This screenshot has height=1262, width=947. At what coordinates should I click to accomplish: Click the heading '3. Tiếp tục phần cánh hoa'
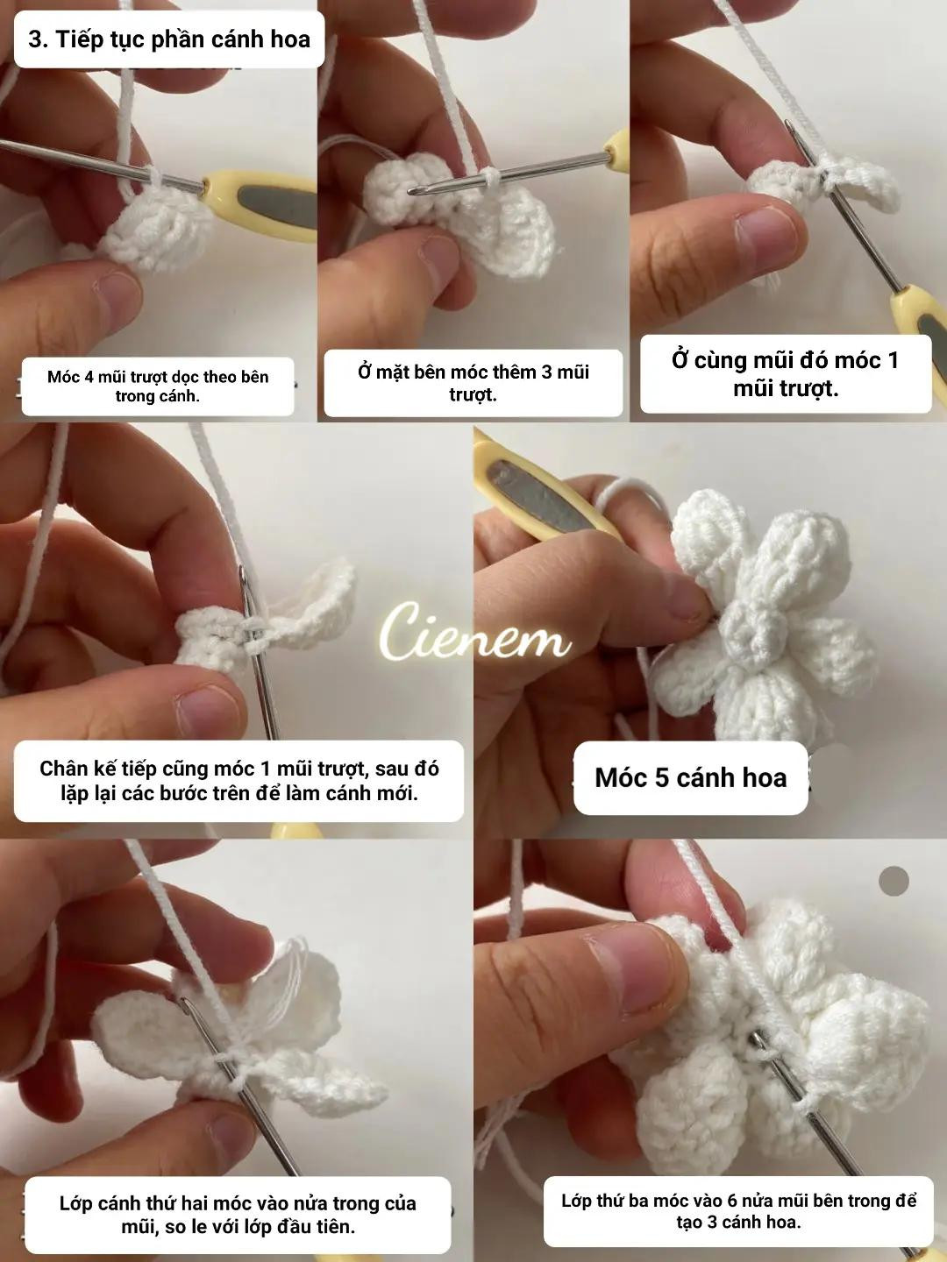point(169,39)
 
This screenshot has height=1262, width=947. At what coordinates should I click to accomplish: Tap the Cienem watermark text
point(474,633)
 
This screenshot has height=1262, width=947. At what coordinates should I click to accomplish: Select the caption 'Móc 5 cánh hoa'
point(690,777)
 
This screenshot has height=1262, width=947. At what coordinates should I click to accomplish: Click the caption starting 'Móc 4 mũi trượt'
point(158,386)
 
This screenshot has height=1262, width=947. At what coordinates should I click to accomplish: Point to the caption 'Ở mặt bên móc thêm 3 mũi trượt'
point(473,383)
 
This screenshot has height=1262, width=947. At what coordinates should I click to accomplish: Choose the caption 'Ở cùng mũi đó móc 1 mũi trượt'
point(785,374)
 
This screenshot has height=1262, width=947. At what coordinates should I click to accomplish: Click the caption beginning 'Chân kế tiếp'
point(239,780)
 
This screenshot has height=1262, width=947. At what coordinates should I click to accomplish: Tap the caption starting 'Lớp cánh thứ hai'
point(238,1214)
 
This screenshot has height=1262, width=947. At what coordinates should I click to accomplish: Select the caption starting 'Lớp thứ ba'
point(738,1210)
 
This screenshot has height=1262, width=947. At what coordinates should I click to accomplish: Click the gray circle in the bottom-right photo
point(894,881)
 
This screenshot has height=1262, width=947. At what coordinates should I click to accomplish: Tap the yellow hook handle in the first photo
point(263,205)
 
